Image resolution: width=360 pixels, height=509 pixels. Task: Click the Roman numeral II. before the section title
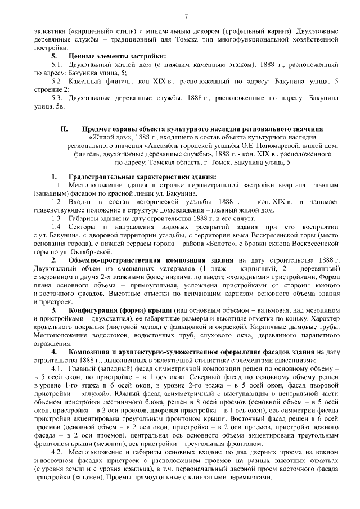[64, 129]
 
